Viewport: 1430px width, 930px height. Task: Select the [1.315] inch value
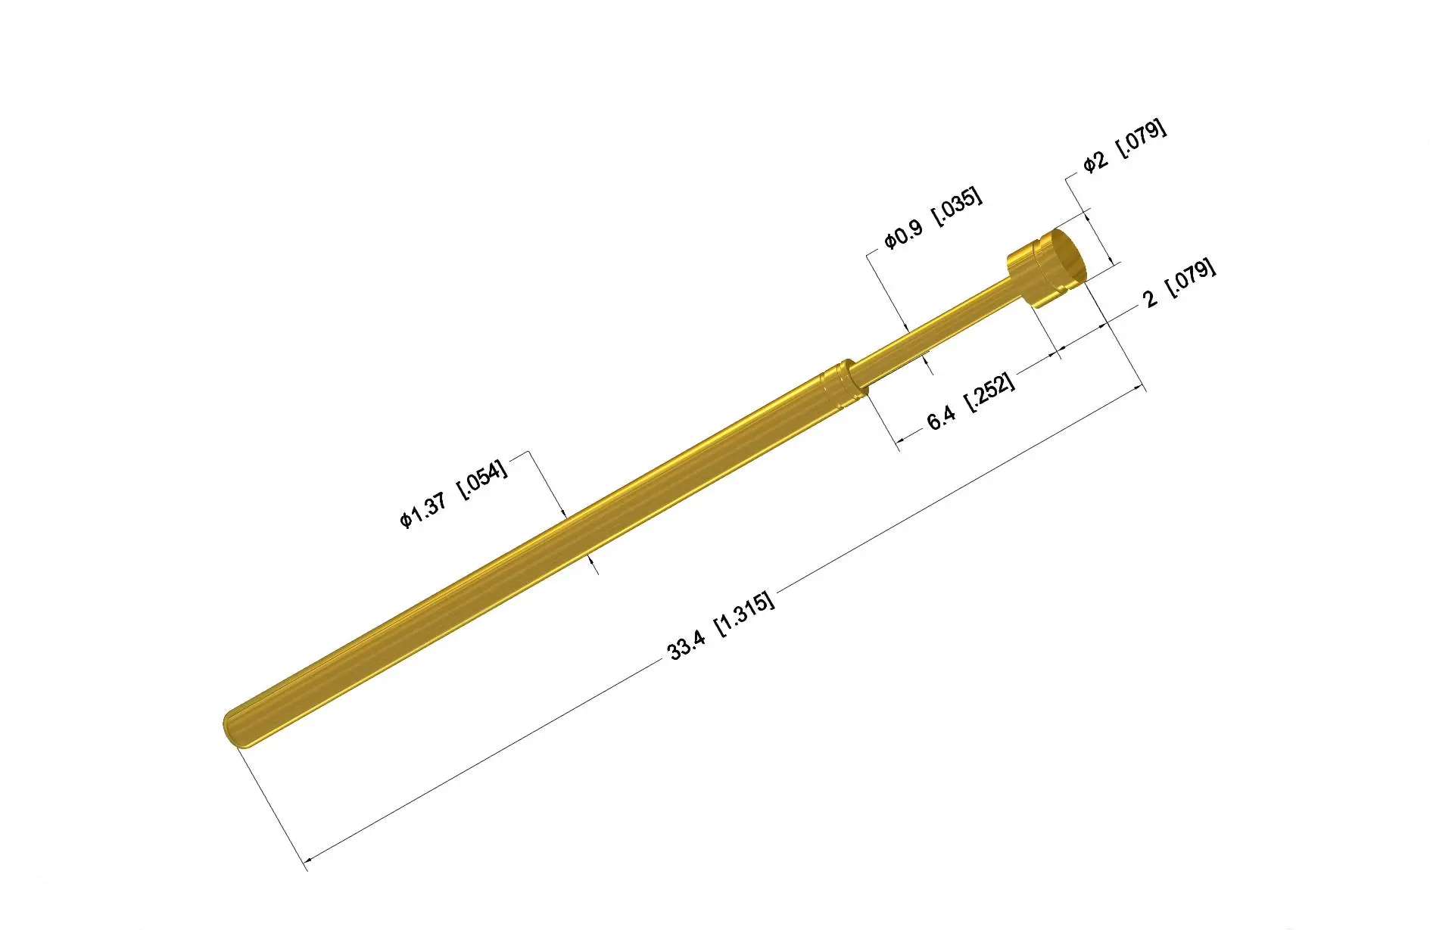(746, 614)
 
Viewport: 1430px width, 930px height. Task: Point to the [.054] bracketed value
(482, 480)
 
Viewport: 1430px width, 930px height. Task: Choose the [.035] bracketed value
(957, 206)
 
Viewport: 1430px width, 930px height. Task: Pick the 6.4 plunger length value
(941, 418)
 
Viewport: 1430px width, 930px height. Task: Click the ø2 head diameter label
(1095, 161)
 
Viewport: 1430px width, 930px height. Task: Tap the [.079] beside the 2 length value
(1192, 279)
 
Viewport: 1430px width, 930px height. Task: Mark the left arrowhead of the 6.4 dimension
(901, 440)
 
